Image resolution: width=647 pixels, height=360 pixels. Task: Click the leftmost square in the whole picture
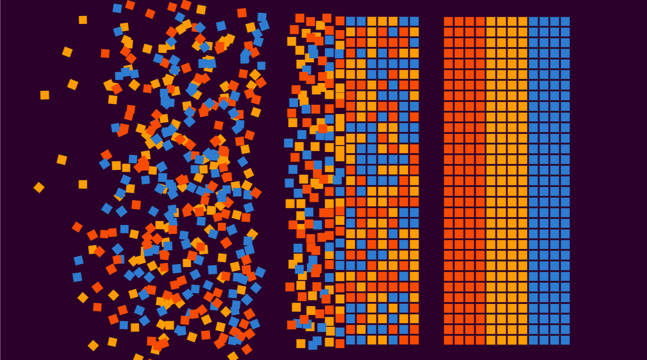click(39, 188)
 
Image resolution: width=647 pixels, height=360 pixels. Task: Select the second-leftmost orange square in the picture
click(45, 95)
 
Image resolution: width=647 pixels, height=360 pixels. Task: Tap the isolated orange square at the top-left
click(82, 20)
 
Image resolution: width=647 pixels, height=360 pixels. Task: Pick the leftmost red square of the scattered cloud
click(77, 227)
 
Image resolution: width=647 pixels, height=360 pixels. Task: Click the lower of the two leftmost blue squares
click(77, 277)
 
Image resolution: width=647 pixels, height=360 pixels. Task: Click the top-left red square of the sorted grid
click(448, 21)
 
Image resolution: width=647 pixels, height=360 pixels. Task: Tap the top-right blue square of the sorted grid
click(565, 21)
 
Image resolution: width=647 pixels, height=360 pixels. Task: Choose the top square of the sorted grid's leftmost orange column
click(491, 21)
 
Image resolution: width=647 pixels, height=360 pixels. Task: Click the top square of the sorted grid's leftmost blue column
click(534, 21)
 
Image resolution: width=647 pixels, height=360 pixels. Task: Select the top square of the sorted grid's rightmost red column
click(480, 21)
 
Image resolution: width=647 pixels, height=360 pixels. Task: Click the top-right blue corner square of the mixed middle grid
click(415, 21)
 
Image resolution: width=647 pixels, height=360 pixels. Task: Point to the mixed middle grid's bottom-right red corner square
click(415, 340)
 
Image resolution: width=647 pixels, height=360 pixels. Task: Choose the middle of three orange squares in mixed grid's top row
click(382, 21)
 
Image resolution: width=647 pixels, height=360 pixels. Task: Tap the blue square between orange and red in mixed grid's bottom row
click(393, 340)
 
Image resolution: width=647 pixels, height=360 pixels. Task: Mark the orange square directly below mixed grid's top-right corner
click(415, 32)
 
